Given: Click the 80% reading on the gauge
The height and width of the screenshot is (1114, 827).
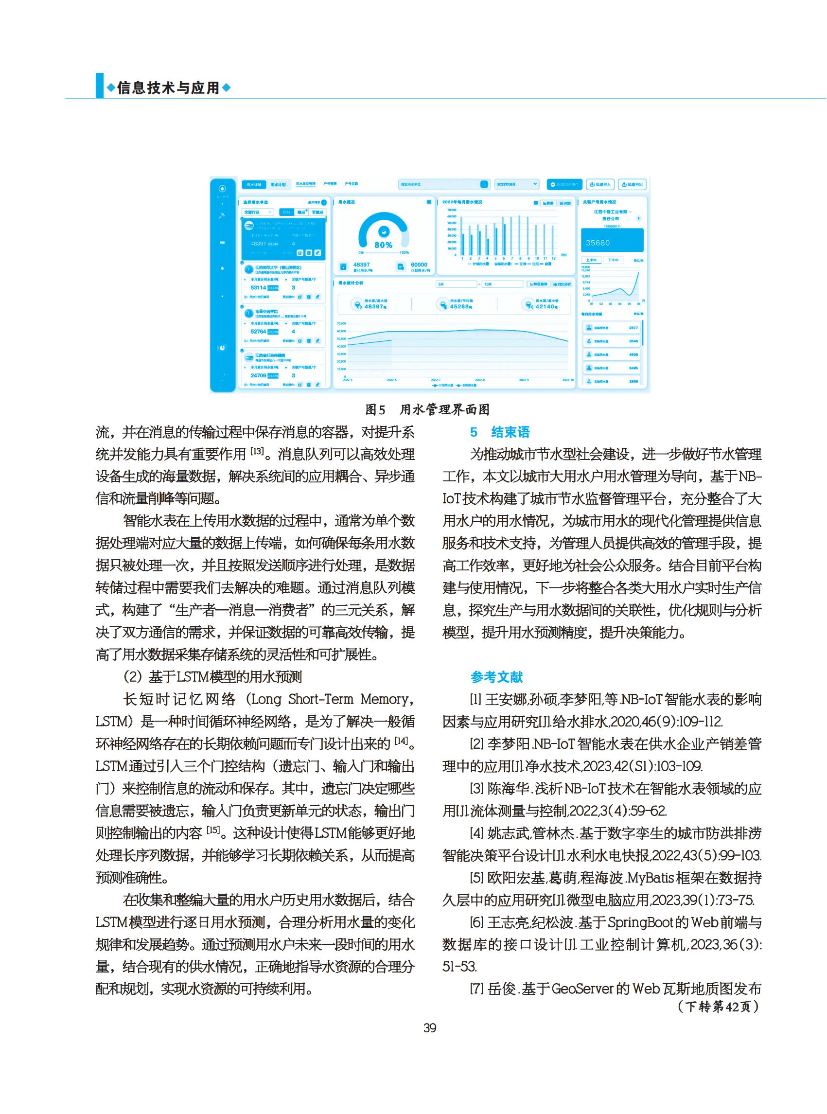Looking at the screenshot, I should pos(384,245).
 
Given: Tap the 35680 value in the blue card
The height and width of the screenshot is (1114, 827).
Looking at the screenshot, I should pos(598,243).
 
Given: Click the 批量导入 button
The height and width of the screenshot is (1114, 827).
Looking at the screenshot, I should pos(600,185).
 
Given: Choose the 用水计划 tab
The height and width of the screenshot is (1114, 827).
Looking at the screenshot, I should pos(278,185).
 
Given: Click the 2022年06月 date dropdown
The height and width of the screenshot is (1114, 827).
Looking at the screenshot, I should pos(517,184).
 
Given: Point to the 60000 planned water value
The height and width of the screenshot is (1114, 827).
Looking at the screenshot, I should pos(419,265).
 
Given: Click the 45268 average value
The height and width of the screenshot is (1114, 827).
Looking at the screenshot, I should pos(459,306).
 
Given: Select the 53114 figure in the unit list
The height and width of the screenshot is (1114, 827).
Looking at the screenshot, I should pos(258,288).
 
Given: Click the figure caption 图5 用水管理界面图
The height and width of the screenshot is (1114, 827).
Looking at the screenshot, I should pos(427,409).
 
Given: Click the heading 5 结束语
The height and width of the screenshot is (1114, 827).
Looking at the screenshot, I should pos(500,432).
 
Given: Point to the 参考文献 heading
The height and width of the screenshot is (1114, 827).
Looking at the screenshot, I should pos(496,677).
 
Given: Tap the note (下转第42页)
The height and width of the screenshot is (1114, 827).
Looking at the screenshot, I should pos(719,1006).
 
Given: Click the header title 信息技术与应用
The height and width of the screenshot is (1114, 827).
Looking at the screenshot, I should pos(169,88).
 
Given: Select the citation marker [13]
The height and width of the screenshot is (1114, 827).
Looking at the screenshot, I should pos(257,452).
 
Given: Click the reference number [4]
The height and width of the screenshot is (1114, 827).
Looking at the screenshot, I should pos(476,833).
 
